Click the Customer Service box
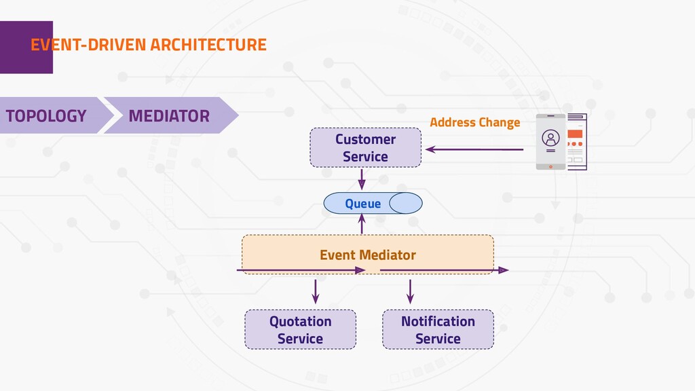(365, 147)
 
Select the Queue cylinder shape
(373, 203)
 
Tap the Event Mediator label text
(368, 255)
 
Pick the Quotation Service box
(300, 329)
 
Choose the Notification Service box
(438, 329)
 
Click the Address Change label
(474, 122)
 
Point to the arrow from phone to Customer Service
(474, 149)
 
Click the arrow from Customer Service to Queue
(362, 179)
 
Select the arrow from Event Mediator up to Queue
(362, 224)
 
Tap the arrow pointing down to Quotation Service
(316, 291)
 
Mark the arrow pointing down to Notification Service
(410, 291)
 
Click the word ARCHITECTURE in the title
(208, 45)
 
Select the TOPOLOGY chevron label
(46, 115)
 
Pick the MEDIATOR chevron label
(169, 115)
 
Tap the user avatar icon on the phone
(550, 138)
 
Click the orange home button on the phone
(550, 167)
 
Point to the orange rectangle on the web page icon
(575, 134)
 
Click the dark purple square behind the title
(26, 47)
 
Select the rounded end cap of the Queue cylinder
(406, 203)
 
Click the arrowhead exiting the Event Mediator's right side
(503, 270)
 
